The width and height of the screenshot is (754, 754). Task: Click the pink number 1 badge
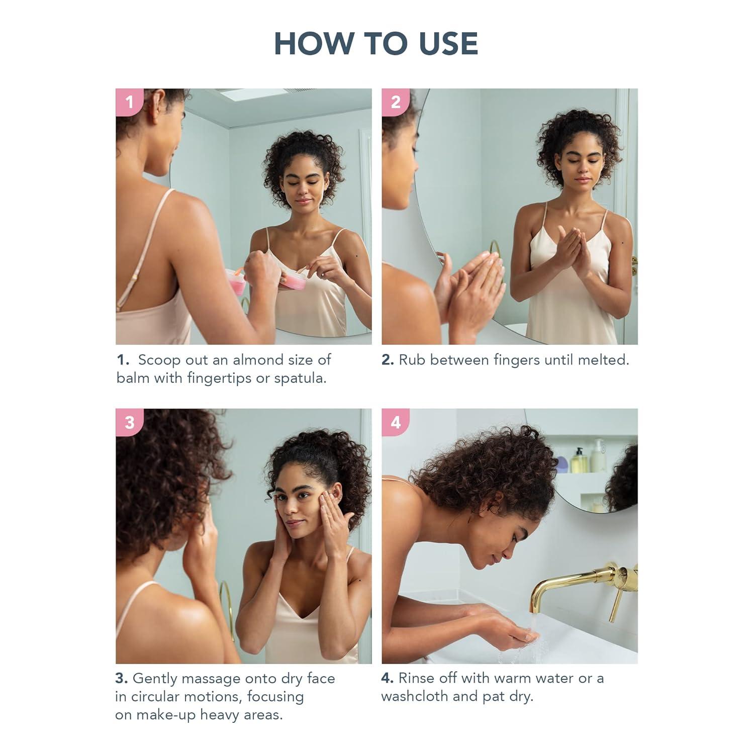(129, 102)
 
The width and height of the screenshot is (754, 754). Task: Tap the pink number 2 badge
(395, 102)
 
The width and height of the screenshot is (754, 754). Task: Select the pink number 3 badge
(129, 422)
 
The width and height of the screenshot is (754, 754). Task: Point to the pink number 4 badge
(395, 422)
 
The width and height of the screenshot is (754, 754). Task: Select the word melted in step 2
(603, 360)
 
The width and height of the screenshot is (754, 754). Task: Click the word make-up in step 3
(166, 715)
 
